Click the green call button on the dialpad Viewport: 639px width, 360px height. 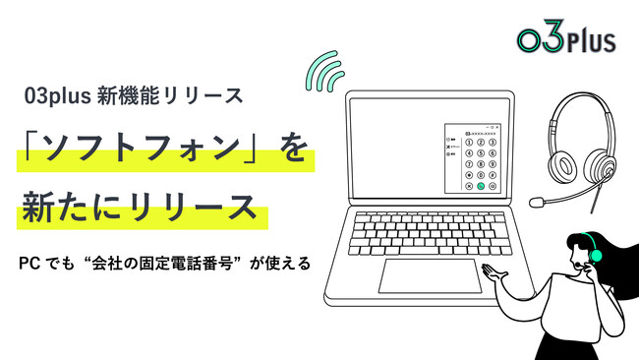tap(481, 185)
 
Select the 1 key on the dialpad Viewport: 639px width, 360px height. tap(469, 142)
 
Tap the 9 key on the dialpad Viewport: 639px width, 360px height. tap(493, 163)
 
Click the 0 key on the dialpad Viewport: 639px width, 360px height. tap(481, 174)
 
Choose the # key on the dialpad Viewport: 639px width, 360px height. tap(493, 174)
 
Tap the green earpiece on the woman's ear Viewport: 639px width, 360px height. tap(595, 255)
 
